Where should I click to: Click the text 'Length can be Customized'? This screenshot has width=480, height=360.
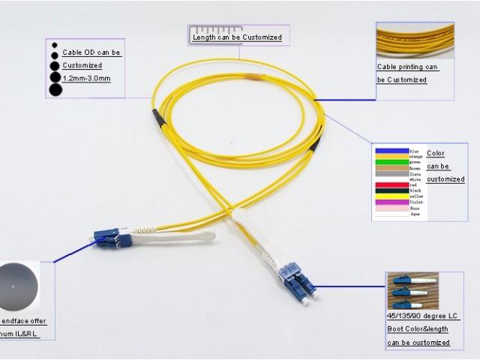point(237,37)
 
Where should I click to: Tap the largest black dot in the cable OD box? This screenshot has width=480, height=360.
point(55,91)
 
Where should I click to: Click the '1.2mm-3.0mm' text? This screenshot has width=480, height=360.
point(86,78)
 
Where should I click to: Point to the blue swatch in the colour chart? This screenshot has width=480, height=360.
point(391,151)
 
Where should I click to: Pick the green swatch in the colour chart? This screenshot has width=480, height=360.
point(391,162)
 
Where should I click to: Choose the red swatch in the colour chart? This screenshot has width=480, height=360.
point(391,185)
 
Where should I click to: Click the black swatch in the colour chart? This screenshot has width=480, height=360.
point(391,191)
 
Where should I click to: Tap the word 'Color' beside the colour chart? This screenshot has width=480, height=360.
point(435,154)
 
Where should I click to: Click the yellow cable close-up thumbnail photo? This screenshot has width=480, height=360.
point(415,41)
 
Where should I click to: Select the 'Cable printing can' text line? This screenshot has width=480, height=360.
point(407,67)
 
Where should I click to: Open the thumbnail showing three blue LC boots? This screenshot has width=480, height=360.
point(412,292)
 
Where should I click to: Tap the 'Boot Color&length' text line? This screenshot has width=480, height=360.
point(417,329)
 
